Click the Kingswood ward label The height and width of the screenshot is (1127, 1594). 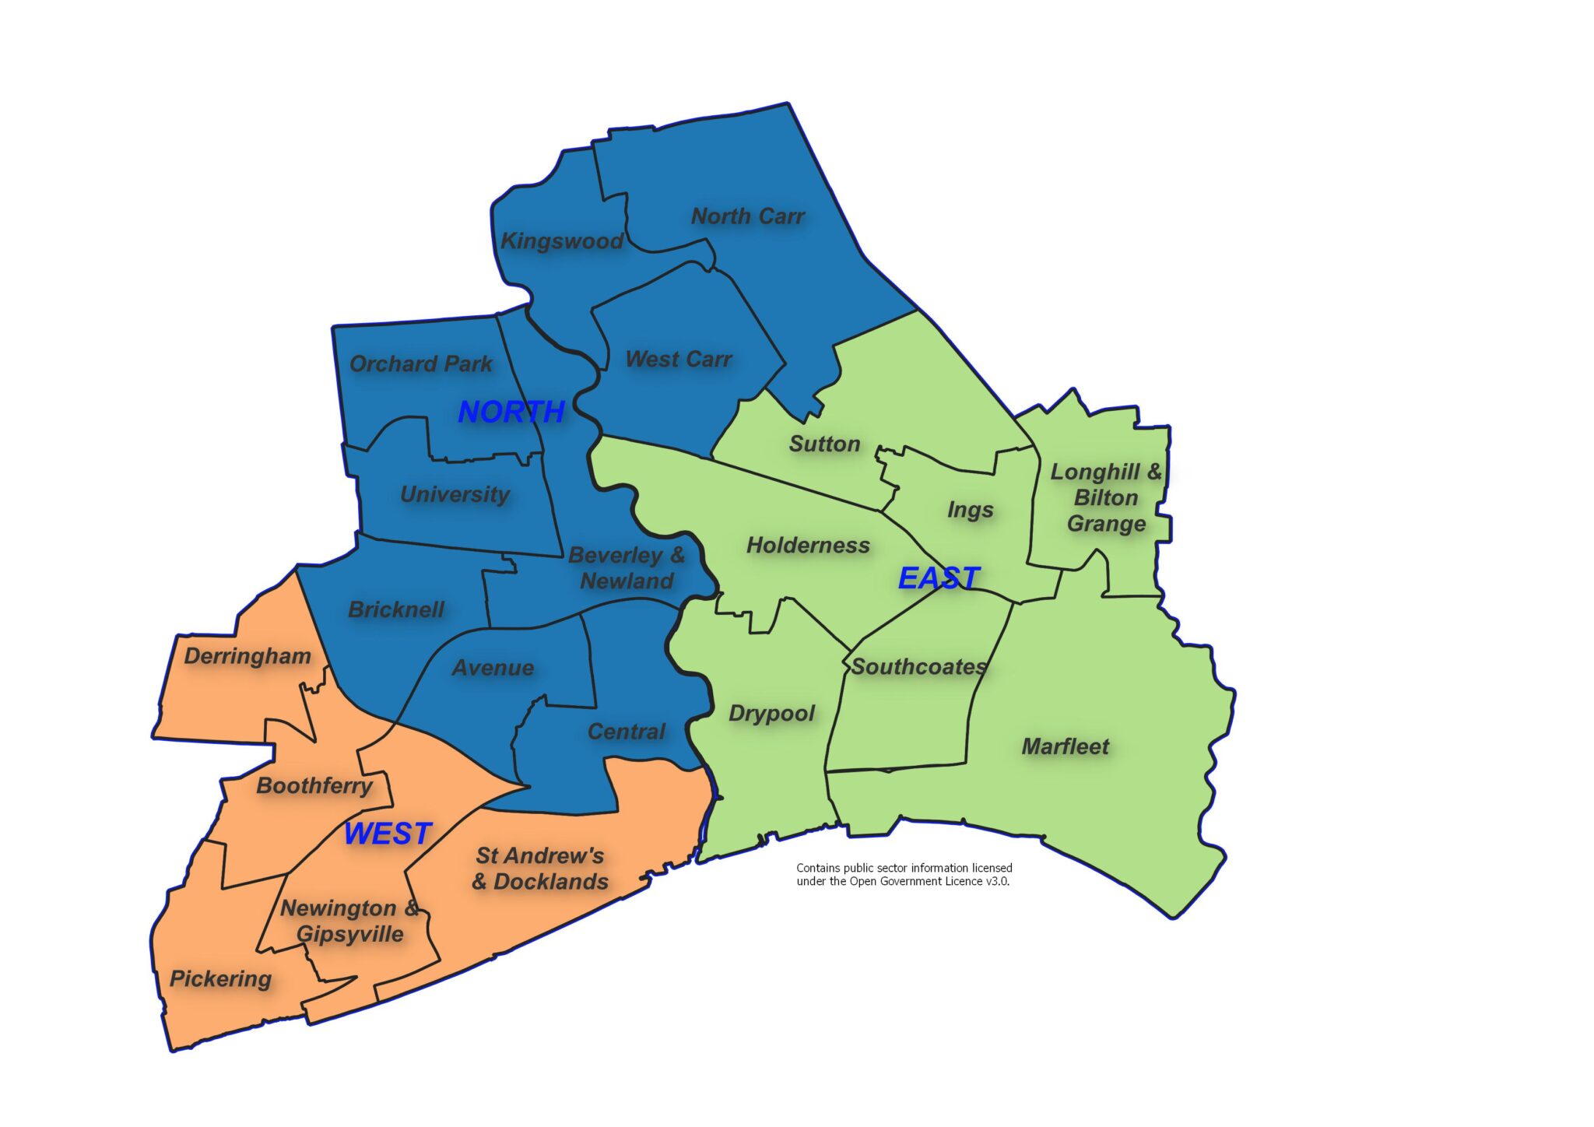(x=561, y=240)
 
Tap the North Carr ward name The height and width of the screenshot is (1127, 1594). (x=747, y=216)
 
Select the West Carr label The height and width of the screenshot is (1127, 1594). (x=679, y=359)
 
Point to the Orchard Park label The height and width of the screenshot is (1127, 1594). (x=420, y=363)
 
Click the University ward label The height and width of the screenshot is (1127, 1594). (x=455, y=494)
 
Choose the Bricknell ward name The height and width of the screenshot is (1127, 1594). (x=396, y=609)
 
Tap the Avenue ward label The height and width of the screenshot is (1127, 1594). (x=493, y=668)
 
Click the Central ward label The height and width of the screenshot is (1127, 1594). (x=626, y=732)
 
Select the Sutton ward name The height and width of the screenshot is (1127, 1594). (x=824, y=444)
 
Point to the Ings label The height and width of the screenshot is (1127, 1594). (x=970, y=510)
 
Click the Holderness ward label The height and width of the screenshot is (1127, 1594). (x=808, y=545)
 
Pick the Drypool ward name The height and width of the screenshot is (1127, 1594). (x=771, y=714)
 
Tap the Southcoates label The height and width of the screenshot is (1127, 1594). (x=918, y=666)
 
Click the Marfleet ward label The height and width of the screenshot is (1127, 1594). (x=1065, y=746)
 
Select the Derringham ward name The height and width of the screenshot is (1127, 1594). (x=248, y=656)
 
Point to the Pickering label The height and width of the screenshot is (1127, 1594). (x=220, y=978)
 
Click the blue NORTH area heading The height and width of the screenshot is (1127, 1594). (x=511, y=411)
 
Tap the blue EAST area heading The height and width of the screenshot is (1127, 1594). (x=939, y=578)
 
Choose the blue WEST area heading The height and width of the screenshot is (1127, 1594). (x=388, y=834)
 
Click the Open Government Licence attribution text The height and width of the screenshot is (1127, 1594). (x=904, y=874)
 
